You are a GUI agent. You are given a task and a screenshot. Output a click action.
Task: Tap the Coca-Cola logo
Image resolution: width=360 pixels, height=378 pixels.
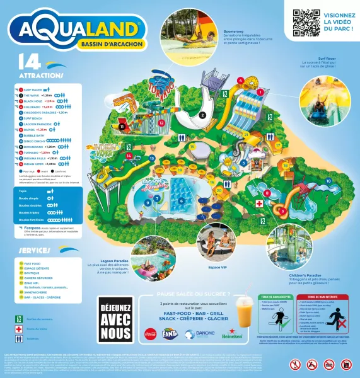[x=151, y=334]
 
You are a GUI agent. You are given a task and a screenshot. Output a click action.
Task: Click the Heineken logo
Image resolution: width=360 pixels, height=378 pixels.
[x=231, y=335]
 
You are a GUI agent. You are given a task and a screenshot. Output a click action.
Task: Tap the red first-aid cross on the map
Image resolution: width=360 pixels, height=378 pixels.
[x=258, y=204]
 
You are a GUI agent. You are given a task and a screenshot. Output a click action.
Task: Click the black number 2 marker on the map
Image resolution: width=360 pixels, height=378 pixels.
[x=202, y=115]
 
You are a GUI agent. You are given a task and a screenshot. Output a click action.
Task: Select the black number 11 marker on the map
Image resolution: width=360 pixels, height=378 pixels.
[x=120, y=126]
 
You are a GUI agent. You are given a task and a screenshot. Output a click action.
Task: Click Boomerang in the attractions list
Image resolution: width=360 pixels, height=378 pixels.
[x=35, y=146]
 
